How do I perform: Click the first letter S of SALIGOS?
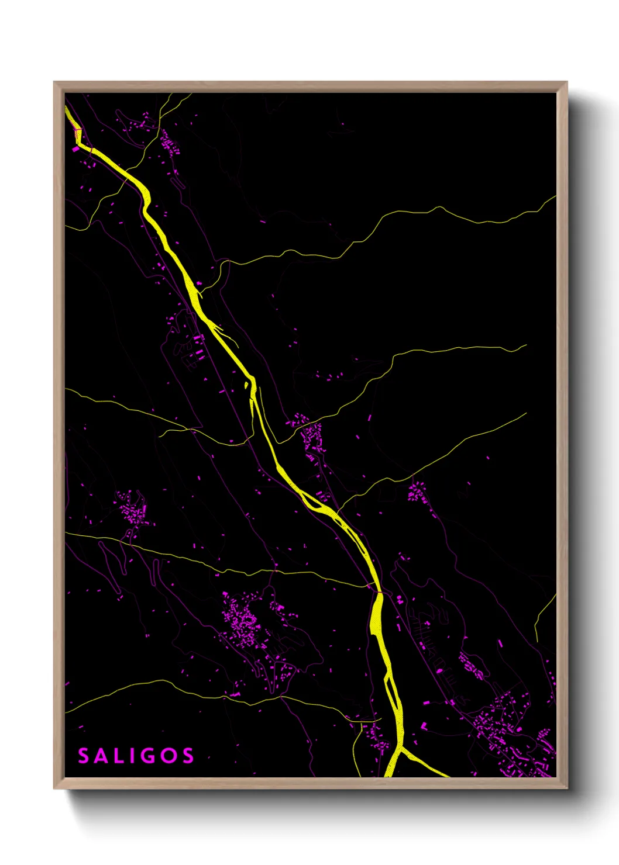click(84, 756)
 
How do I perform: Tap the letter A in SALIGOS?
click(101, 756)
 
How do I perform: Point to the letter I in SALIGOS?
click(130, 756)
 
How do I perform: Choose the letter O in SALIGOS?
click(168, 756)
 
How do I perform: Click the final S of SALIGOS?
click(188, 756)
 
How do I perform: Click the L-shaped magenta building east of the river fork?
click(424, 726)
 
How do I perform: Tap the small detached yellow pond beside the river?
click(246, 386)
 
